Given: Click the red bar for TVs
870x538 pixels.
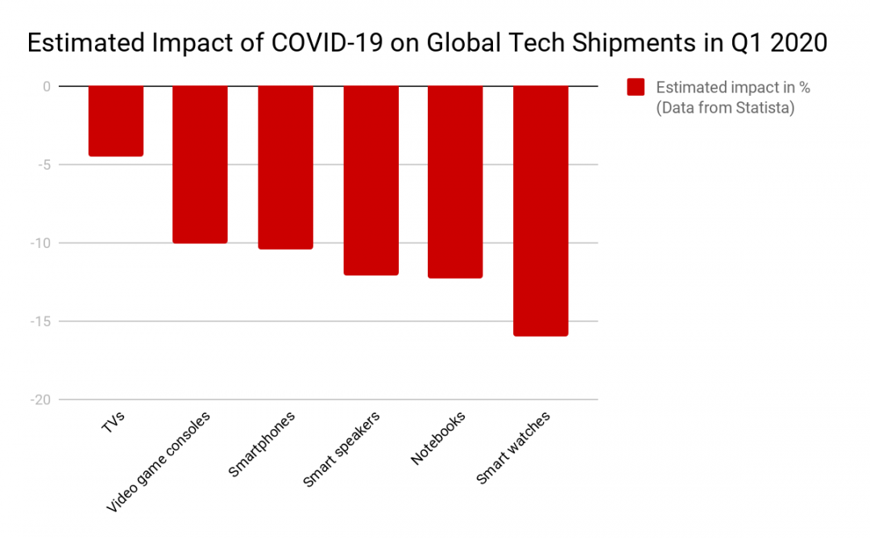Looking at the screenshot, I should pyautogui.click(x=116, y=121).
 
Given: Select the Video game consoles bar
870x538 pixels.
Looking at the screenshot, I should pyautogui.click(x=200, y=164).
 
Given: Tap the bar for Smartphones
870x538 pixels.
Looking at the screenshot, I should pyautogui.click(x=285, y=167).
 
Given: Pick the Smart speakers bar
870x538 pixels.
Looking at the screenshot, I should pyautogui.click(x=371, y=180).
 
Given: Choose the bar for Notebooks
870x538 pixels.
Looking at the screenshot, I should pyautogui.click(x=455, y=182).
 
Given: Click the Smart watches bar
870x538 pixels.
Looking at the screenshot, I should pyautogui.click(x=541, y=211).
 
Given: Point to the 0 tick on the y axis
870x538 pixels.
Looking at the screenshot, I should pyautogui.click(x=46, y=86).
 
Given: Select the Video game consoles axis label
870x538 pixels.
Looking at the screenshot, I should pyautogui.click(x=159, y=462).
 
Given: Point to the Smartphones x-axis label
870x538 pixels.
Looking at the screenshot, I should pyautogui.click(x=263, y=444).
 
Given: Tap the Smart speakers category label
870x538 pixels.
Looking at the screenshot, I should pyautogui.click(x=342, y=449).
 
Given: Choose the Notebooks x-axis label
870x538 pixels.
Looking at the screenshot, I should pyautogui.click(x=437, y=439).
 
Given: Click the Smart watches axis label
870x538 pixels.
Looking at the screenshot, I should pyautogui.click(x=513, y=448).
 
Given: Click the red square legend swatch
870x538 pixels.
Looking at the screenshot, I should pyautogui.click(x=636, y=88).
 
